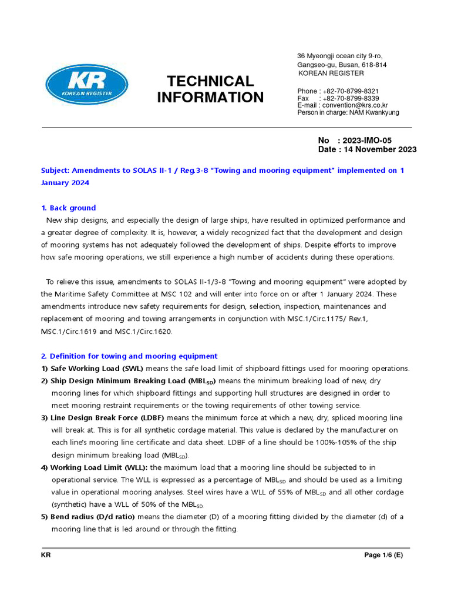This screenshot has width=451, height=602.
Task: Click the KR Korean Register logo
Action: [x=86, y=84]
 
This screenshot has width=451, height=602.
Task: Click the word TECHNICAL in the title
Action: [x=210, y=81]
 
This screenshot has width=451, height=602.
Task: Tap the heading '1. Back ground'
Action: [x=69, y=208]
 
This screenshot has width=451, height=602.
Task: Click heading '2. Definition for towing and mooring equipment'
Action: [x=129, y=356]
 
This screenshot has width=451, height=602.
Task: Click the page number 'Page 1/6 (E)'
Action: [x=387, y=555]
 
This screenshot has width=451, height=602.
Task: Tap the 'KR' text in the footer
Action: [x=46, y=555]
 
